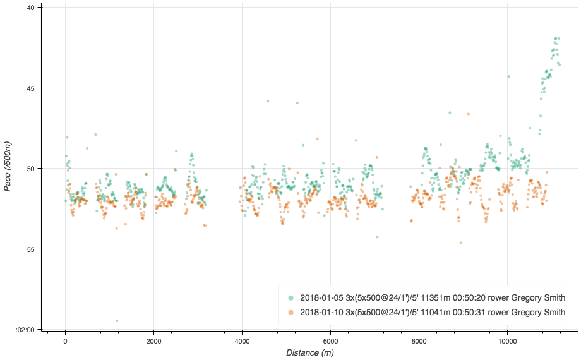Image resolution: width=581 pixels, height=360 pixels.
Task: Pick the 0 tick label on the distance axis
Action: click(65, 340)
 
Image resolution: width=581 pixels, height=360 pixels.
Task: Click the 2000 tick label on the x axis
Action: click(153, 340)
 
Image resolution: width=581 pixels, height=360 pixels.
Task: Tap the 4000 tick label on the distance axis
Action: click(242, 340)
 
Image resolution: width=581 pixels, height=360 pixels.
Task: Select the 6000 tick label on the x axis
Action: click(330, 340)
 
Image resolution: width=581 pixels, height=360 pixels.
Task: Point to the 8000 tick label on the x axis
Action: click(419, 340)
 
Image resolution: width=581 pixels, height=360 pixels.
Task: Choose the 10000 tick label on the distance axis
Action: click(507, 340)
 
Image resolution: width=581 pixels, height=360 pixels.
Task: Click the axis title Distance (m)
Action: click(309, 352)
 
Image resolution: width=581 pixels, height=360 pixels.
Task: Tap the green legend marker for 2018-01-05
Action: click(290, 297)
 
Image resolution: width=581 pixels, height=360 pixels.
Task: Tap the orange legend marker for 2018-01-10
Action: click(290, 312)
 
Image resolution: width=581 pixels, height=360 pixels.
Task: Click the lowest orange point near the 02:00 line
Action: click(117, 321)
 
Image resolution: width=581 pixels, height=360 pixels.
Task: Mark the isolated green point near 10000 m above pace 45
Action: click(508, 76)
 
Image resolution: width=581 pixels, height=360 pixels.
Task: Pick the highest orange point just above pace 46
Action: click(268, 101)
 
